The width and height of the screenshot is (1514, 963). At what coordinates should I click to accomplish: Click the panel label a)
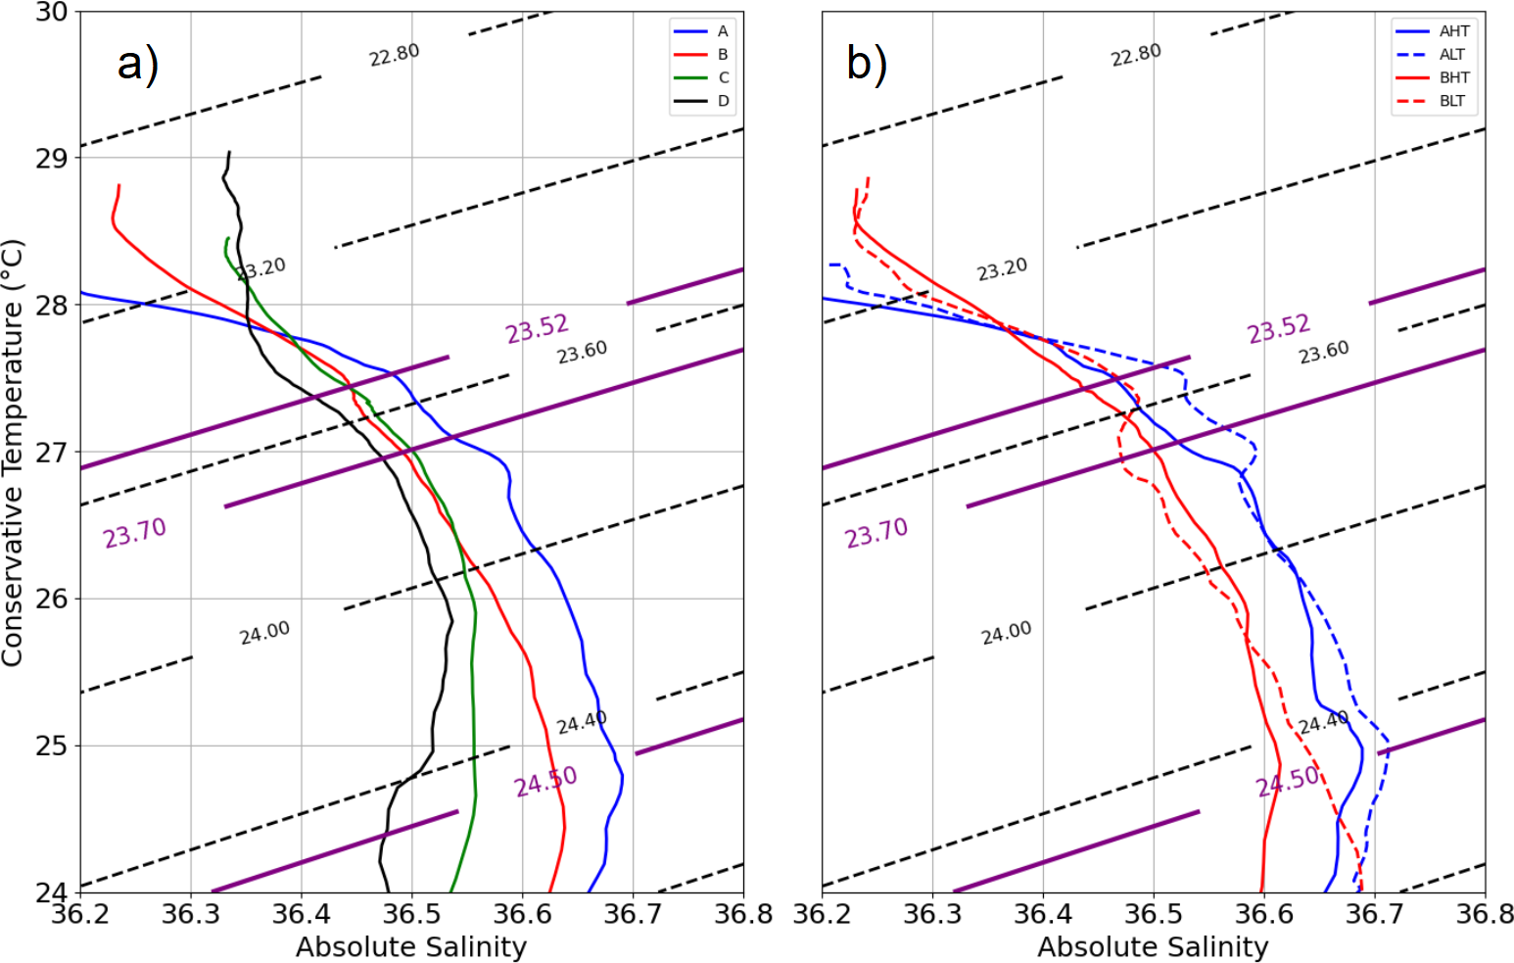tap(137, 65)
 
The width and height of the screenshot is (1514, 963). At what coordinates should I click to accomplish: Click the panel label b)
tap(867, 65)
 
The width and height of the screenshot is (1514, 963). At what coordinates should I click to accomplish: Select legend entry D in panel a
tap(723, 101)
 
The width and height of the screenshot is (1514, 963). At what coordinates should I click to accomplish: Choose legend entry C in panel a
tap(723, 77)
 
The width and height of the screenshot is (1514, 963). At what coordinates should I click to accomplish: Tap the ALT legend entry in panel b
tap(1453, 54)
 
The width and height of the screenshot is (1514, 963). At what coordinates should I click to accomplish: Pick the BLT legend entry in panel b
tap(1453, 101)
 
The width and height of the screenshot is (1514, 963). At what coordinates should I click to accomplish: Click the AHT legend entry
tap(1454, 31)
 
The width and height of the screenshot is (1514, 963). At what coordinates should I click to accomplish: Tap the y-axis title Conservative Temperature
tap(13, 452)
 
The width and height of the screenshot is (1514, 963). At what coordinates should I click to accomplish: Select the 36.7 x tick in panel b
tap(1374, 915)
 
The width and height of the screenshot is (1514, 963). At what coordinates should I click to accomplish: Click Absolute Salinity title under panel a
tap(411, 947)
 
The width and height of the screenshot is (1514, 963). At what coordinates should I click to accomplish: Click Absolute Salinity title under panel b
tap(1153, 947)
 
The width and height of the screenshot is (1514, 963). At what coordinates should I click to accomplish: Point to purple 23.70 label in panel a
tap(135, 534)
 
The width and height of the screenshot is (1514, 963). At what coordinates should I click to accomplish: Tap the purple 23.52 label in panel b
tap(1279, 329)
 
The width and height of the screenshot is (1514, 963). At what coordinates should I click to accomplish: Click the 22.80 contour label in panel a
tap(395, 56)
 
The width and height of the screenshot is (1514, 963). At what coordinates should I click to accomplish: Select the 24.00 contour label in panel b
tap(1007, 634)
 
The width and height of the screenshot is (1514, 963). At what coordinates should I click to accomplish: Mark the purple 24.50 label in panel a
tap(545, 783)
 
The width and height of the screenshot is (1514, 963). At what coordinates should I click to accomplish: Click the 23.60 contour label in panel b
tap(1324, 353)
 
